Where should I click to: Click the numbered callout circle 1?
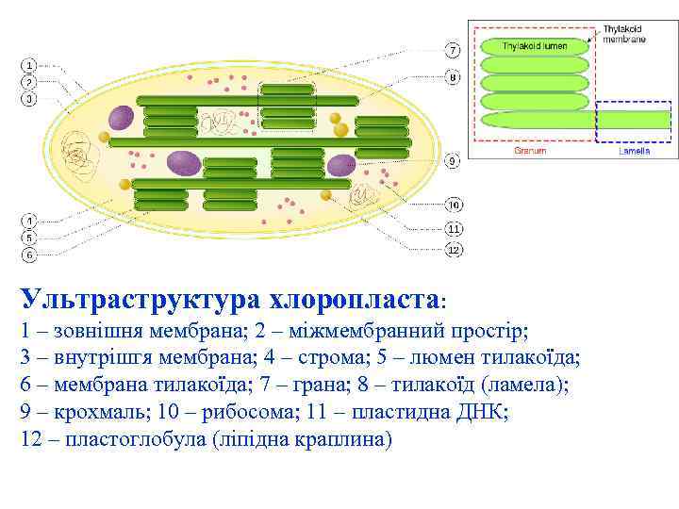(29, 65)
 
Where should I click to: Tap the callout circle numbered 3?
(29, 97)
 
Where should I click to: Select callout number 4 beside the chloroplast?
(29, 222)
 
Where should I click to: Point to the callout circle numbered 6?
(29, 254)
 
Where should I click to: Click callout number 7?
(453, 49)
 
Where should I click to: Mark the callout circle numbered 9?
(453, 161)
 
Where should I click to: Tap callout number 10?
(454, 205)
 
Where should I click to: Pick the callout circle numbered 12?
(454, 250)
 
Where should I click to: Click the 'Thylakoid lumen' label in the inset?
(535, 45)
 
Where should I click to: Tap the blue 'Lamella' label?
(634, 150)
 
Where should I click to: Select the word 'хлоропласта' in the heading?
(355, 300)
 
